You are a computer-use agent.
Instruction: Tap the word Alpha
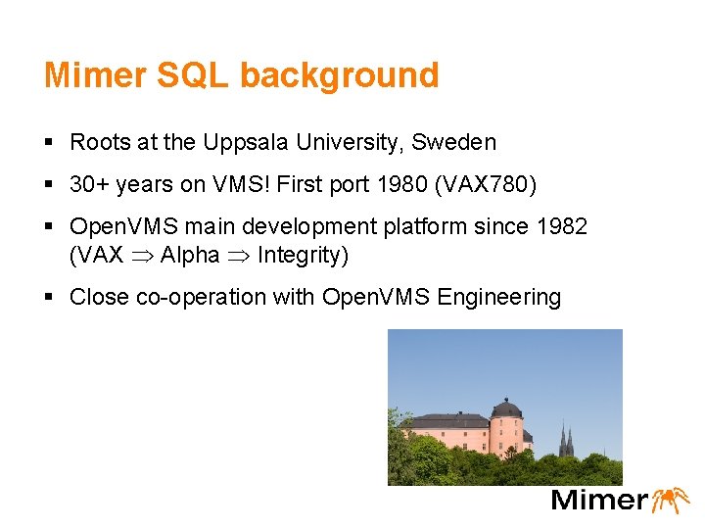[190, 255]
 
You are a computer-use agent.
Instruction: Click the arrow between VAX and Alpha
[142, 256]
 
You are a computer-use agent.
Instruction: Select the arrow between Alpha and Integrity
[238, 256]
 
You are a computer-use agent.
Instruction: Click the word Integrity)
[303, 255]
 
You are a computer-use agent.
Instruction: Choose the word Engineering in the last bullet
[499, 297]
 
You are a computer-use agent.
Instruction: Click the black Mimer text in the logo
[598, 500]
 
